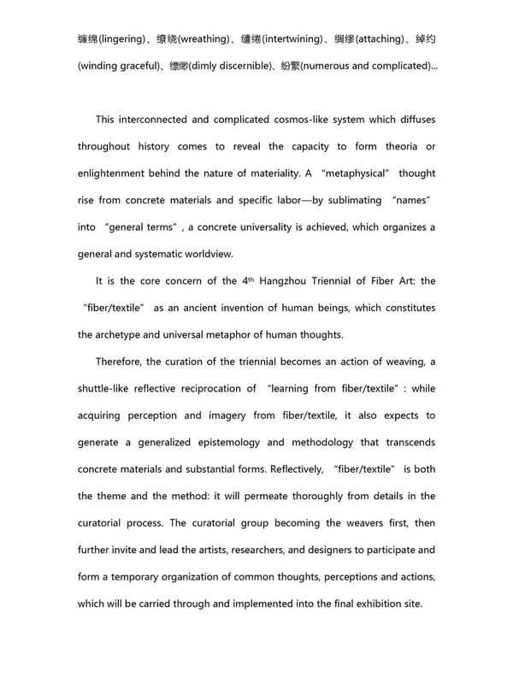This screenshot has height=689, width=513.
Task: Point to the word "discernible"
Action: tap(256, 66)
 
